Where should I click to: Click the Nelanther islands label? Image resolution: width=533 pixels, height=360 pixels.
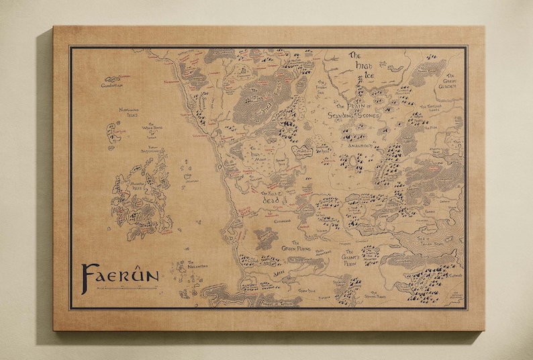click(x=198, y=264)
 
